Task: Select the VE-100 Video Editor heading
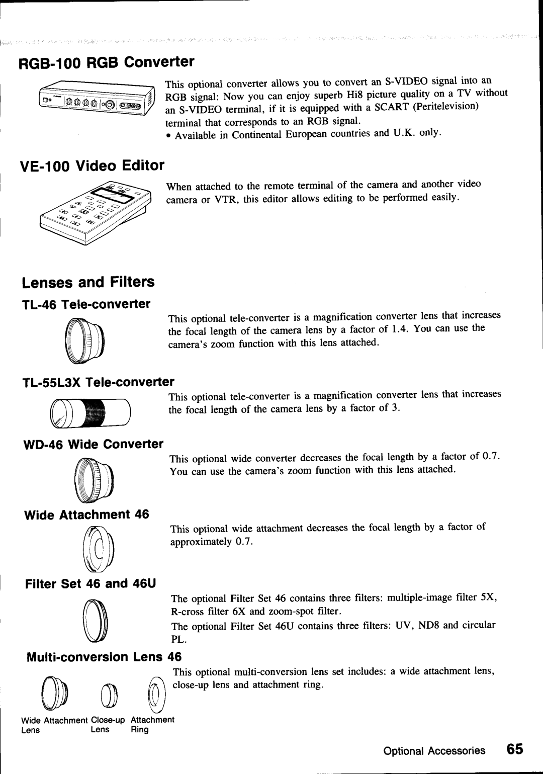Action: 93,165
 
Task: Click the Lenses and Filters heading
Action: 88,282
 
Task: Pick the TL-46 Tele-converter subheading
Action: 86,304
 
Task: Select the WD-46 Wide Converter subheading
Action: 94,444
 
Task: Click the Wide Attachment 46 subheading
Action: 86,514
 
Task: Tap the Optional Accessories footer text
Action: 434,751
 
